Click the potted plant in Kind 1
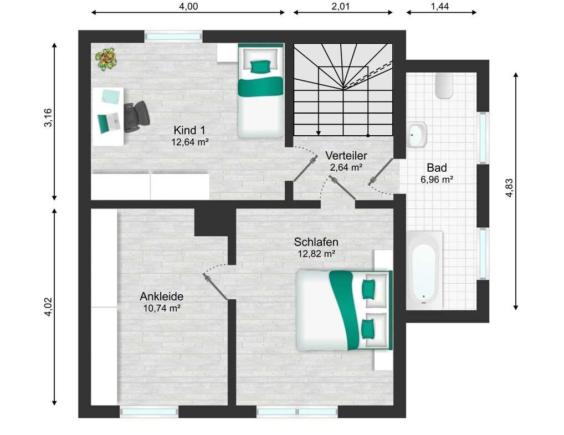[107, 59]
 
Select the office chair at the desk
[136, 116]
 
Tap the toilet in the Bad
[444, 86]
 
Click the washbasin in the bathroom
[417, 135]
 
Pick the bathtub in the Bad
[424, 270]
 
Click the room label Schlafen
[316, 242]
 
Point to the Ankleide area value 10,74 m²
[162, 308]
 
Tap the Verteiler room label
[346, 156]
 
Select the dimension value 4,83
[510, 188]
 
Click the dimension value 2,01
[341, 6]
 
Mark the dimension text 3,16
[48, 117]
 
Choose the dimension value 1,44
[440, 6]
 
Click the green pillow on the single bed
[260, 66]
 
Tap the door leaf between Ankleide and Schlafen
[215, 286]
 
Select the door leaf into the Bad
[381, 171]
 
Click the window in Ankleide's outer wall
[149, 412]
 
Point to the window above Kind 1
[173, 37]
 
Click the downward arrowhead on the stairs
[318, 133]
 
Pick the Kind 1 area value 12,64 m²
[190, 142]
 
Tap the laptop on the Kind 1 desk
[109, 122]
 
